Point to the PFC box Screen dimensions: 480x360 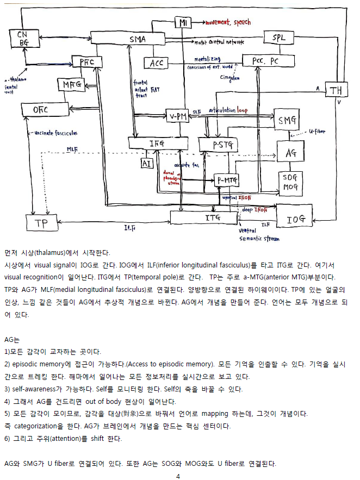87,63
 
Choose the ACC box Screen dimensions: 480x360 157,64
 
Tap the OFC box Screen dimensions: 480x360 41,110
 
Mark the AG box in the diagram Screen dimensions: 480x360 291,153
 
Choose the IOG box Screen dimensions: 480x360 295,219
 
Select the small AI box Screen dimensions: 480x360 146,163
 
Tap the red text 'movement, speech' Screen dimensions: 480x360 228,22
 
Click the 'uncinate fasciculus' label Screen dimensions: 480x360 55,133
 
